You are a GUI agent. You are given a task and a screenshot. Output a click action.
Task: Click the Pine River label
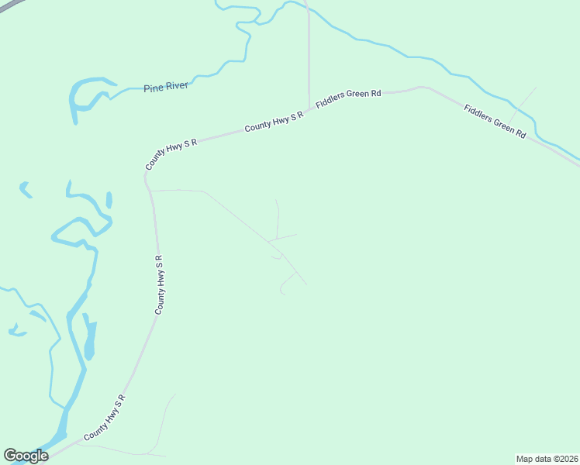[x=166, y=87]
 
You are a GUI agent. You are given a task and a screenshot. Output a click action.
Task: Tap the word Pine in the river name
[x=153, y=88]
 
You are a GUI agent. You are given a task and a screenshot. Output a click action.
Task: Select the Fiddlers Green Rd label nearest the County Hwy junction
[x=348, y=102]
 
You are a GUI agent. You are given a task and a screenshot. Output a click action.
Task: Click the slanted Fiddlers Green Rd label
[x=495, y=121]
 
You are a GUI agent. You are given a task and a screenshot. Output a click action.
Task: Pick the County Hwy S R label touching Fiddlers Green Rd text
[x=273, y=121]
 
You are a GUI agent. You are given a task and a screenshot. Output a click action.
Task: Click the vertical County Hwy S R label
[x=159, y=284]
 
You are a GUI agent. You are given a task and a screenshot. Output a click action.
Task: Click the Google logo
[x=26, y=456]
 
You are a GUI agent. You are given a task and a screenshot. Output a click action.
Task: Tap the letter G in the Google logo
[x=10, y=456]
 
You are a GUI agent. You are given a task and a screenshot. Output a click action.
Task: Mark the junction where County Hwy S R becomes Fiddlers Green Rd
[x=309, y=108]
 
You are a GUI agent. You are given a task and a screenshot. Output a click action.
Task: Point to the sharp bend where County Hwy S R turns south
[x=146, y=177]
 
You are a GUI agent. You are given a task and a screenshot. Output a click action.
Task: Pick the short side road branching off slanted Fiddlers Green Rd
[x=526, y=98]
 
